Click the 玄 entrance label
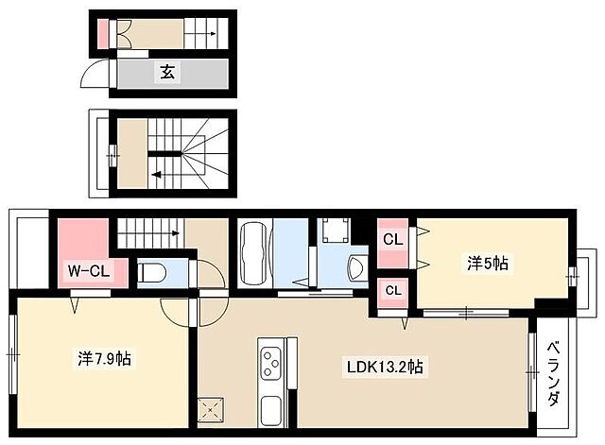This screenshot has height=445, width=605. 168,72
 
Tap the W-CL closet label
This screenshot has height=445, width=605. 88,271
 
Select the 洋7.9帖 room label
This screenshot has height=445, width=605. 104,359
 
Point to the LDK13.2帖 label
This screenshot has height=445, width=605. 385,367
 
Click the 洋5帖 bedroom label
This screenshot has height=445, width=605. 488,264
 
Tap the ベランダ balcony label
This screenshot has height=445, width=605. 554,373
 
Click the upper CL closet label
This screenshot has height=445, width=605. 393,239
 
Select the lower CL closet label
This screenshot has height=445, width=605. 393,290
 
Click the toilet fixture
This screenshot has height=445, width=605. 151,273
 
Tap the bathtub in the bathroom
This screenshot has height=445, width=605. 254,253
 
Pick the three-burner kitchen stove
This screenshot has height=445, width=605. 271,363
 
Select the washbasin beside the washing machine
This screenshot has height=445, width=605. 357,267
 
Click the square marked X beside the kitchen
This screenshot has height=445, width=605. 211,410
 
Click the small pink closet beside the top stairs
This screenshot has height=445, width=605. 103,34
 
